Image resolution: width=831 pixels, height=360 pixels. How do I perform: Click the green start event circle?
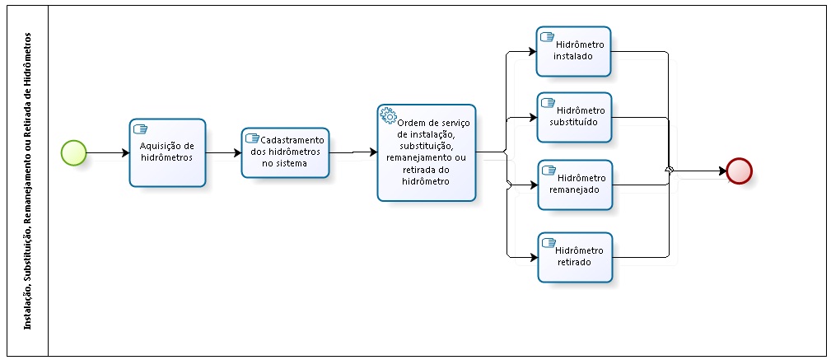coord(73,152)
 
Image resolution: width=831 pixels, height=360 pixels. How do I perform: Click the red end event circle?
coord(739,171)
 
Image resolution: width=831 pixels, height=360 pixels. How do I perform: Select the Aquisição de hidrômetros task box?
coord(167,152)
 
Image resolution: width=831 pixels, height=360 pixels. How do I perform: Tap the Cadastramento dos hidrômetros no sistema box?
coord(285,152)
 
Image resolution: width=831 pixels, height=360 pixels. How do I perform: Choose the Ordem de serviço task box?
coord(427,152)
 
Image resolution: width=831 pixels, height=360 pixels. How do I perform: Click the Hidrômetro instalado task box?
coord(573,51)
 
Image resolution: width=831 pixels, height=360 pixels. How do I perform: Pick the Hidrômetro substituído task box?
coord(573,117)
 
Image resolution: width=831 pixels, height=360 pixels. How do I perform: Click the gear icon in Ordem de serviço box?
coord(387,115)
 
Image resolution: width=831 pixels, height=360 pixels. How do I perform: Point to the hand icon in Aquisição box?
coord(140,129)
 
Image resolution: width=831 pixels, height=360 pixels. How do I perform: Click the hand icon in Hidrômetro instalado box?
coord(546,36)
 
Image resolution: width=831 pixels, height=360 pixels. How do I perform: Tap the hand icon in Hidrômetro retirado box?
coord(548,242)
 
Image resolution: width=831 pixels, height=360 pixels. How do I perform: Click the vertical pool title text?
coord(29,181)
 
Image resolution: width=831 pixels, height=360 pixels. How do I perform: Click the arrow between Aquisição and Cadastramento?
coord(223,152)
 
